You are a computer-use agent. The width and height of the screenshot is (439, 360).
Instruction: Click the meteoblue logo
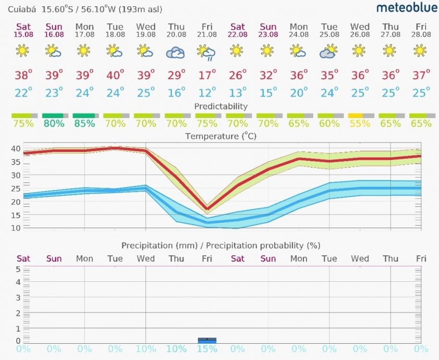click(x=407, y=8)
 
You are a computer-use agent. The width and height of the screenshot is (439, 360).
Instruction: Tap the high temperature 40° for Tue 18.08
click(x=115, y=75)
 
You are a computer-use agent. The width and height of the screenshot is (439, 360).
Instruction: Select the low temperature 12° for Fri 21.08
click(x=207, y=92)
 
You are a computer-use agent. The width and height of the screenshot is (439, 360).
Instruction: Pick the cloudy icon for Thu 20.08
click(x=176, y=52)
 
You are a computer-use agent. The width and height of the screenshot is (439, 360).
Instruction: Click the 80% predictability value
click(x=54, y=123)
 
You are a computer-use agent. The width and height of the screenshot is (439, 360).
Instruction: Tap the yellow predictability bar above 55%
click(x=355, y=116)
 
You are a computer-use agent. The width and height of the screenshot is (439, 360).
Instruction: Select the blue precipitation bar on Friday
click(x=207, y=340)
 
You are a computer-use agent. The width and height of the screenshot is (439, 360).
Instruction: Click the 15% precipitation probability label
click(x=207, y=349)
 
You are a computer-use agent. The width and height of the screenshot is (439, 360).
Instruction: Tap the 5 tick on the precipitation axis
click(x=18, y=269)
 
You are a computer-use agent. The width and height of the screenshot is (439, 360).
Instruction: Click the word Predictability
click(x=220, y=106)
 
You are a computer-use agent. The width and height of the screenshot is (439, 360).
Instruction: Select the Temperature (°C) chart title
click(x=220, y=136)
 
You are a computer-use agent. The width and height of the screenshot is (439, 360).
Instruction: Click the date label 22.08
click(x=237, y=35)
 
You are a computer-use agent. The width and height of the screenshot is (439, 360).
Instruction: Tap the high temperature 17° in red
click(x=207, y=75)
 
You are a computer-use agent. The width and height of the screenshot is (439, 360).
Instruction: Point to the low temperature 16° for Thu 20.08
click(x=176, y=92)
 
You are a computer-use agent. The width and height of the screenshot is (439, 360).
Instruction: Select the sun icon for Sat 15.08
click(x=23, y=50)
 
